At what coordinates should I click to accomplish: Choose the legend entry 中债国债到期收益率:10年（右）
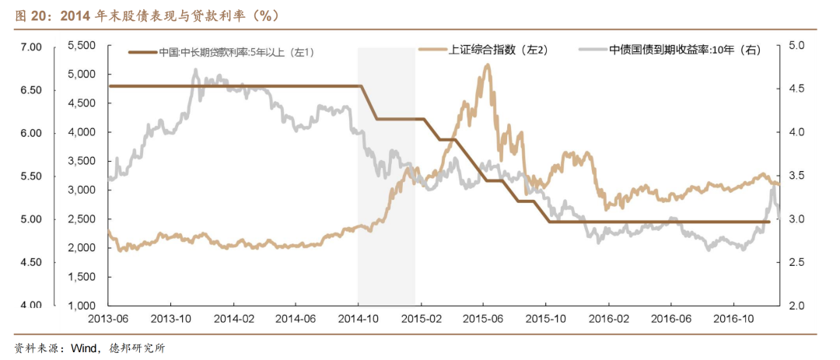[684, 50]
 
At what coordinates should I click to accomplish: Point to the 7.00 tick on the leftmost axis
[30, 47]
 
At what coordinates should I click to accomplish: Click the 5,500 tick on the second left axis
[82, 47]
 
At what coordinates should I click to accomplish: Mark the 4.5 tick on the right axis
[796, 89]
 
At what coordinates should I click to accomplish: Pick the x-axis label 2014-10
[358, 318]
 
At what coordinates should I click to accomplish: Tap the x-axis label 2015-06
[483, 318]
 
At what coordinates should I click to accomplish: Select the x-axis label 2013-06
[108, 318]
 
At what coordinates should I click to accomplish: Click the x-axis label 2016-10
[735, 318]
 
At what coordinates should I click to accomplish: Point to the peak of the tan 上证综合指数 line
[488, 65]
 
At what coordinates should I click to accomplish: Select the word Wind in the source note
[83, 348]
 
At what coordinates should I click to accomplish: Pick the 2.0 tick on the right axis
[796, 306]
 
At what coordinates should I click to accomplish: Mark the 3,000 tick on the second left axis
[82, 190]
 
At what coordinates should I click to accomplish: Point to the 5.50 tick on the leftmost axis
[30, 177]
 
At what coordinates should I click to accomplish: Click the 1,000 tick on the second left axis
[82, 305]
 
